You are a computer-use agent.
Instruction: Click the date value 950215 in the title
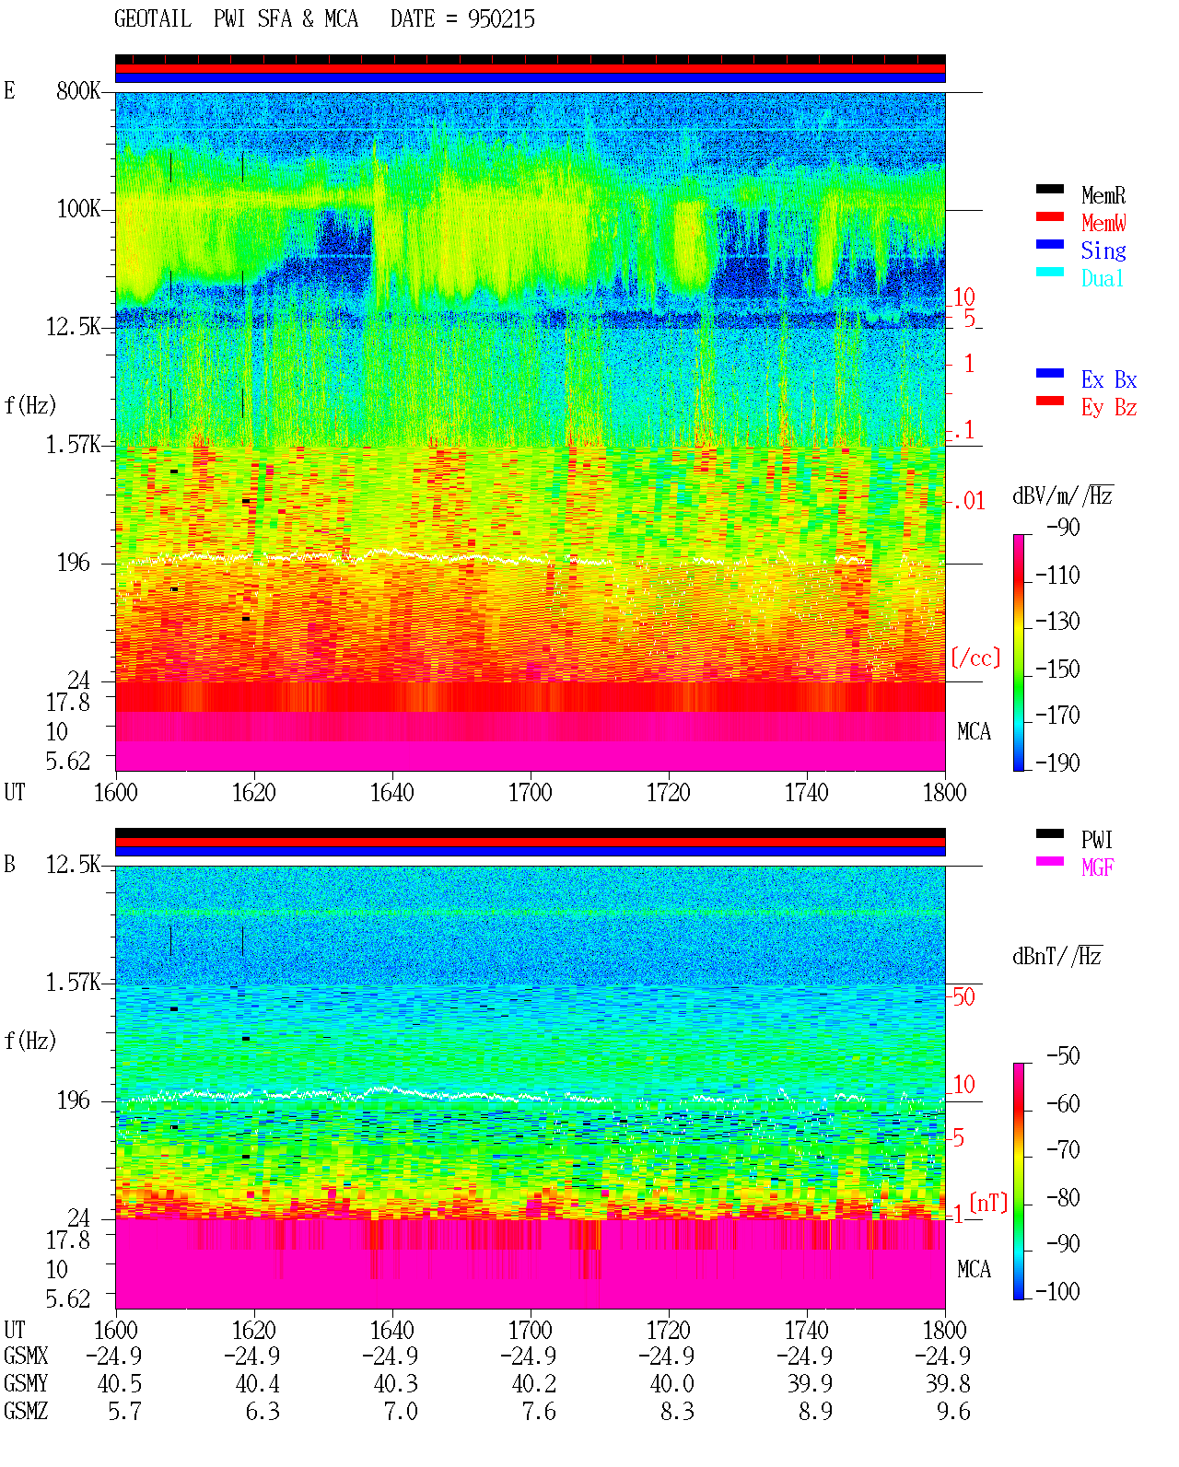pyautogui.click(x=501, y=19)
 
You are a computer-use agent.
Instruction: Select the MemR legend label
pyautogui.click(x=1103, y=195)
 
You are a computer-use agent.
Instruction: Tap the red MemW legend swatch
pyautogui.click(x=1049, y=216)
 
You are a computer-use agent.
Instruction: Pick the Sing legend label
pyautogui.click(x=1103, y=250)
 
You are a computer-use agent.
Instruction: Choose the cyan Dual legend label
pyautogui.click(x=1102, y=278)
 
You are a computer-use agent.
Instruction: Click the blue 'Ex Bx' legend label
pyautogui.click(x=1109, y=379)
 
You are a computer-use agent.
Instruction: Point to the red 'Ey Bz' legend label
pyautogui.click(x=1109, y=408)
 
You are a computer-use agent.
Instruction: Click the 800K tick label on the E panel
pyautogui.click(x=78, y=90)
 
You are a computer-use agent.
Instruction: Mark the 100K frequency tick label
pyautogui.click(x=78, y=209)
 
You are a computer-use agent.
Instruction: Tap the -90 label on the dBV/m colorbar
pyautogui.click(x=1063, y=527)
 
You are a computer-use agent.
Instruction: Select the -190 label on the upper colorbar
pyautogui.click(x=1057, y=763)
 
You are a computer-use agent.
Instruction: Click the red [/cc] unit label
pyautogui.click(x=975, y=658)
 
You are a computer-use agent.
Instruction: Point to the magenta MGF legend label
pyautogui.click(x=1098, y=867)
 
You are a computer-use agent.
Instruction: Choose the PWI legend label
pyautogui.click(x=1097, y=840)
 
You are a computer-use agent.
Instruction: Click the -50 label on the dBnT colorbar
pyautogui.click(x=1063, y=1056)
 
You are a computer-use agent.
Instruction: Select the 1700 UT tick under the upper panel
pyautogui.click(x=530, y=793)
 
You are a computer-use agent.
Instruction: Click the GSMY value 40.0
pyautogui.click(x=671, y=1384)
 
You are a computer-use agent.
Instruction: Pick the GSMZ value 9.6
pyautogui.click(x=953, y=1411)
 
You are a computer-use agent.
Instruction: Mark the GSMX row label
pyautogui.click(x=26, y=1356)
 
